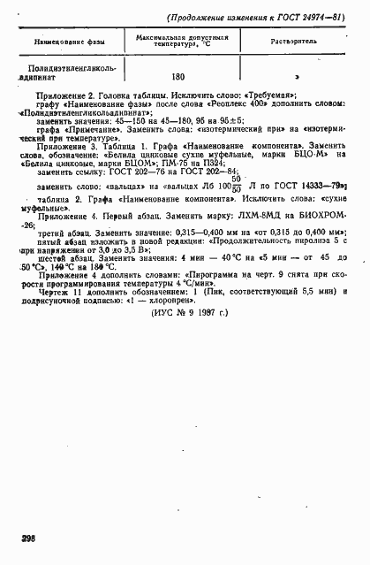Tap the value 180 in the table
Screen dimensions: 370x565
178,76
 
